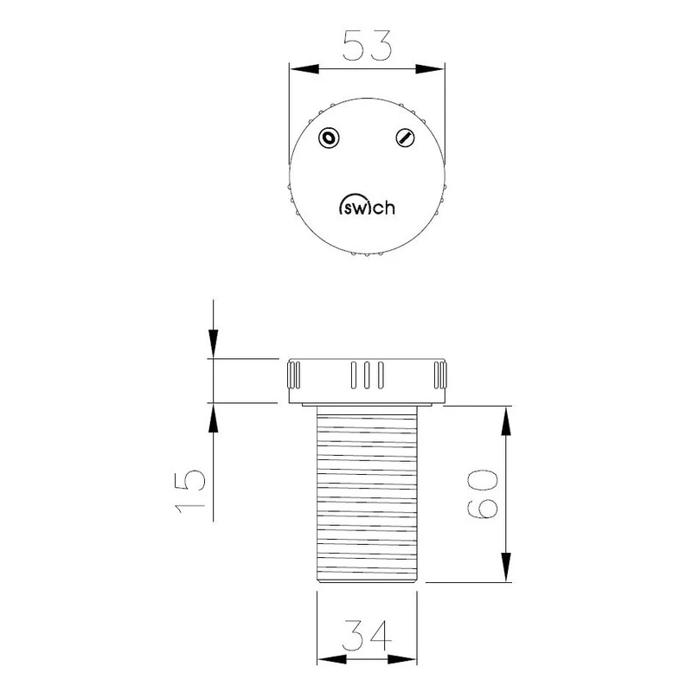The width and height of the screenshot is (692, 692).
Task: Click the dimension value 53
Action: click(x=367, y=46)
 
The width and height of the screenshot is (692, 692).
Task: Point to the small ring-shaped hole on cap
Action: click(x=329, y=138)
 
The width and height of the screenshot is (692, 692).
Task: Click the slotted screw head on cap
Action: click(x=404, y=138)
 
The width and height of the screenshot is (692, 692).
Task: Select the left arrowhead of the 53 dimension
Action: click(x=298, y=69)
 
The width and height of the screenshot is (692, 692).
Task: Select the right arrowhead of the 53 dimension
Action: click(x=435, y=69)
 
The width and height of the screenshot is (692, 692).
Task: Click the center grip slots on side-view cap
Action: click(x=367, y=375)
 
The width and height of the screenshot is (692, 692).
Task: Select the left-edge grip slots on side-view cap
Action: click(x=294, y=376)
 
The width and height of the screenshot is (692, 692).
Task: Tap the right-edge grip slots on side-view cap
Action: click(x=439, y=376)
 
